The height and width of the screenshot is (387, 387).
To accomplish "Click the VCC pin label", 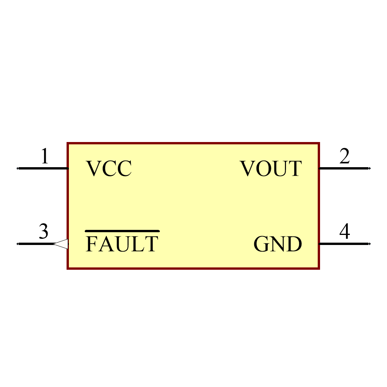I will point(109,169).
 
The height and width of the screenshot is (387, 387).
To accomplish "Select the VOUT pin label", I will point(271,169).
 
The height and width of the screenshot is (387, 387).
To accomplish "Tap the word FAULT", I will point(122,244).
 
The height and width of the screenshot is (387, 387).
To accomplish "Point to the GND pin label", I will point(277,244).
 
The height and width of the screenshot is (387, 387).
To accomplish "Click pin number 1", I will point(45,157).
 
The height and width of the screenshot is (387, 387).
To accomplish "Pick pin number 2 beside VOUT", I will point(344,157).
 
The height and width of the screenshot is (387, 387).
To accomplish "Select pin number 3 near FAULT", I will point(43,231).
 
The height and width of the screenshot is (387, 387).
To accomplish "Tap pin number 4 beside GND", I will point(344,231).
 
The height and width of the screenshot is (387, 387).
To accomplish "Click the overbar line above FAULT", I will point(122,231).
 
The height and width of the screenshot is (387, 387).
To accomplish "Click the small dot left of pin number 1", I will point(17,168).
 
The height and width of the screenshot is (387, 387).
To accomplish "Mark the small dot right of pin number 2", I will point(370,168).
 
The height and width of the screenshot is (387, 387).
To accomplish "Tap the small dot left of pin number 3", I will point(17,244).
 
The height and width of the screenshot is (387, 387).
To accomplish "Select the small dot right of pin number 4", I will point(370,244).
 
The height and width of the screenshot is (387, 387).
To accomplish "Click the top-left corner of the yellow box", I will point(68,144).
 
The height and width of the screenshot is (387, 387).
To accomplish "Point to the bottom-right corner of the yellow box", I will point(319,268).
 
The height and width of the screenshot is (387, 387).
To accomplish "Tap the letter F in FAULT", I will point(91,244).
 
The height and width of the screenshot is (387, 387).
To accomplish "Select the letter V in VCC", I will point(93,169).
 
